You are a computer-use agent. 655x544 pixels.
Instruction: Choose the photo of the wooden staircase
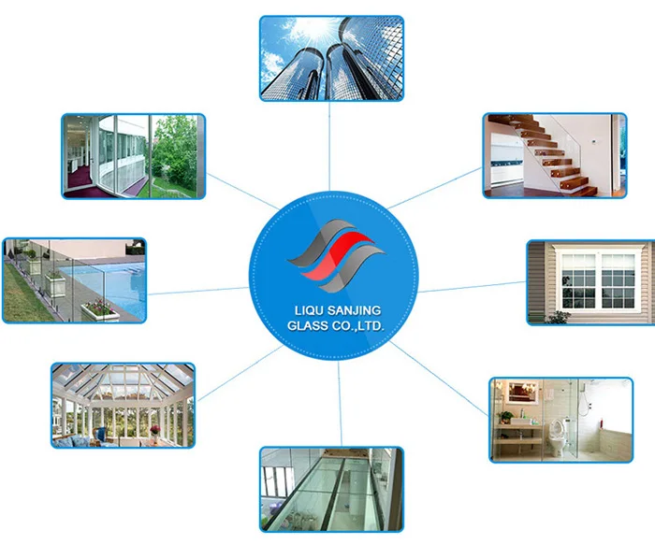tap(553, 155)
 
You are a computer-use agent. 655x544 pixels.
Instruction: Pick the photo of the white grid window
tap(590, 282)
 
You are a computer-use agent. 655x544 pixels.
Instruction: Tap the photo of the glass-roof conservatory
tap(123, 405)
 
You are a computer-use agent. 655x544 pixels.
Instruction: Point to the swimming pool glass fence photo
tap(74, 279)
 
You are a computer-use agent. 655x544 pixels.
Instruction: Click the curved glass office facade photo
tap(133, 155)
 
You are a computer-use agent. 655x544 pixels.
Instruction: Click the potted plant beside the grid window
tap(559, 316)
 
